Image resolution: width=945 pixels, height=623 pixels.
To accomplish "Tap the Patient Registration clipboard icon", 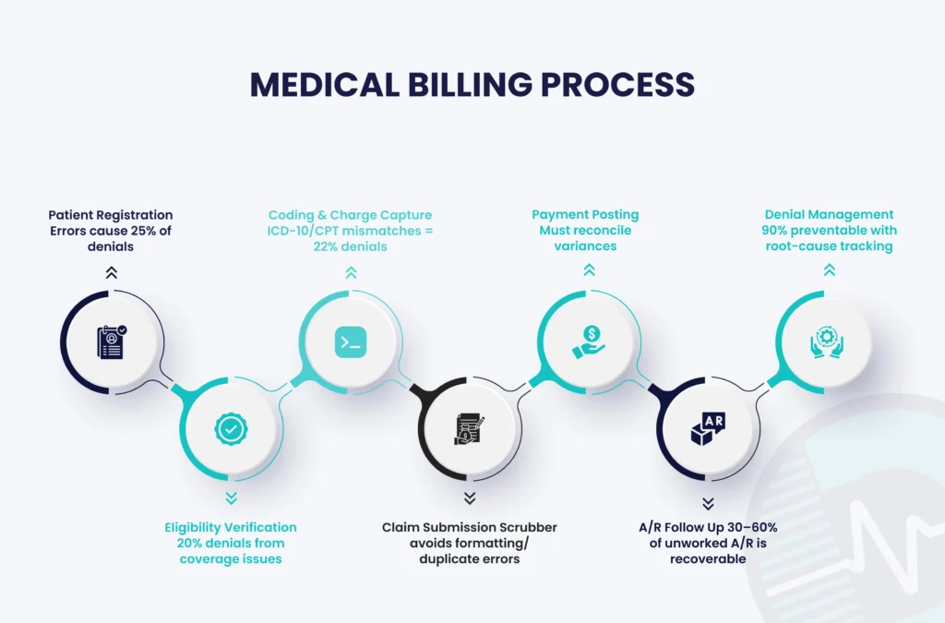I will pos(112,341).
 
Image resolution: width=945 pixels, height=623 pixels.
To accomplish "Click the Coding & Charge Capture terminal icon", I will pos(350,342).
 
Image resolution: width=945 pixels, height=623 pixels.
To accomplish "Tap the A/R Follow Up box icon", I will pos(707,428).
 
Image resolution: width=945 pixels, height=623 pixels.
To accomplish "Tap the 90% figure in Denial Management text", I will pos(778,230).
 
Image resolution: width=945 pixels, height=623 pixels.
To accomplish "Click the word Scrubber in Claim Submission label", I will pos(524,527).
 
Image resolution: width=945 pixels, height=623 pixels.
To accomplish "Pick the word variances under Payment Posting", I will pos(585,246).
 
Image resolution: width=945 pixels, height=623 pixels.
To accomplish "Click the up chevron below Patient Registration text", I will pos(112,271).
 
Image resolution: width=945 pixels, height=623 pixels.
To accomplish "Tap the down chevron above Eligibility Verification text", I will pos(231,498).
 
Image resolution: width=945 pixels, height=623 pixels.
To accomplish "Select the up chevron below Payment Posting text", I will pos(588,270).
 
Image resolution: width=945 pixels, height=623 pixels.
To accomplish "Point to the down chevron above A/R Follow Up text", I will pos(707,503).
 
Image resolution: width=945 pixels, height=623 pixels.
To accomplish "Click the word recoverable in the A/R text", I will pos(707,558).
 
